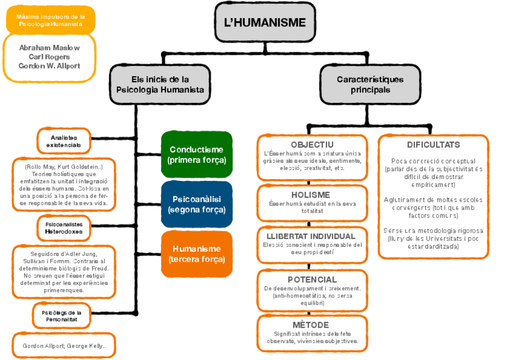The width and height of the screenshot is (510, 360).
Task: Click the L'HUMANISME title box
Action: coord(265,23)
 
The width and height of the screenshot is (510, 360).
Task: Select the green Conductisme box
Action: coord(197,154)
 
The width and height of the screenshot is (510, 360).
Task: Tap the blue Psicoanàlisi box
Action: coord(197,204)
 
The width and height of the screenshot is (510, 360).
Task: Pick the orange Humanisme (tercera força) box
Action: coord(197,254)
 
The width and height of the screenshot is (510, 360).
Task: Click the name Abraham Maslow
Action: coord(49,47)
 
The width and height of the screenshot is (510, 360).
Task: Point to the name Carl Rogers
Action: coord(49,56)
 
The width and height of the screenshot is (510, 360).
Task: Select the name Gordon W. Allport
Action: coord(49,66)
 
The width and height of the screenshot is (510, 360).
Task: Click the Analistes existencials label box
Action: coord(64,141)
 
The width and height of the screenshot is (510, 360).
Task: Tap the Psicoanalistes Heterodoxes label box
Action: coord(64,228)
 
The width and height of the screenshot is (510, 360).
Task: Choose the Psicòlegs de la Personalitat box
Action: coord(62,316)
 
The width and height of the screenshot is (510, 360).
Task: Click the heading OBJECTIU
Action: coord(312,145)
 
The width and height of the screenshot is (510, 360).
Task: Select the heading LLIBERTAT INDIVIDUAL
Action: coord(312,236)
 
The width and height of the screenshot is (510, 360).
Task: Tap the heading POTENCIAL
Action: coord(312,279)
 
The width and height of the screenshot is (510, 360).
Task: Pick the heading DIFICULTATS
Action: coord(433,145)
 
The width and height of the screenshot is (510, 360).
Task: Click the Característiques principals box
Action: coord(370,84)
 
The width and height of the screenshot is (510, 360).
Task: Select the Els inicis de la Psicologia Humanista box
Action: coord(159,84)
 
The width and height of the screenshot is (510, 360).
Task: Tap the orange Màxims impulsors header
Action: coord(51,20)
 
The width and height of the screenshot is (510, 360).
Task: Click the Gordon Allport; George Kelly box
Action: coord(64,346)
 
